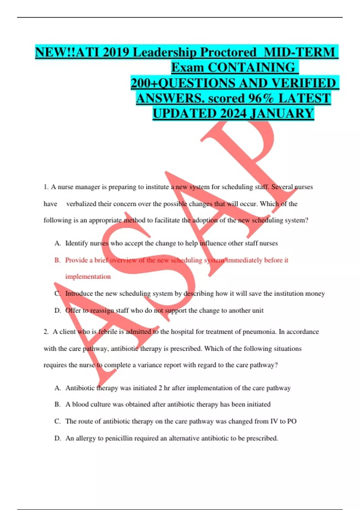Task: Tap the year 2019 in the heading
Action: click(x=115, y=52)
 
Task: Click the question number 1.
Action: click(x=46, y=187)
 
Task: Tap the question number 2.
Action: click(x=46, y=332)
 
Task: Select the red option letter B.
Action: click(x=57, y=260)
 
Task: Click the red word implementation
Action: click(x=88, y=277)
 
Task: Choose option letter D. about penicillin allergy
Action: click(x=57, y=438)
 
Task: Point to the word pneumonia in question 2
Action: click(x=259, y=332)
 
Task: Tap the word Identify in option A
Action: click(x=76, y=243)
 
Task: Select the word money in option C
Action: click(x=315, y=293)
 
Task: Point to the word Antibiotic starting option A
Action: click(x=80, y=388)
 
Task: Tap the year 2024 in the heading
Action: click(x=233, y=114)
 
